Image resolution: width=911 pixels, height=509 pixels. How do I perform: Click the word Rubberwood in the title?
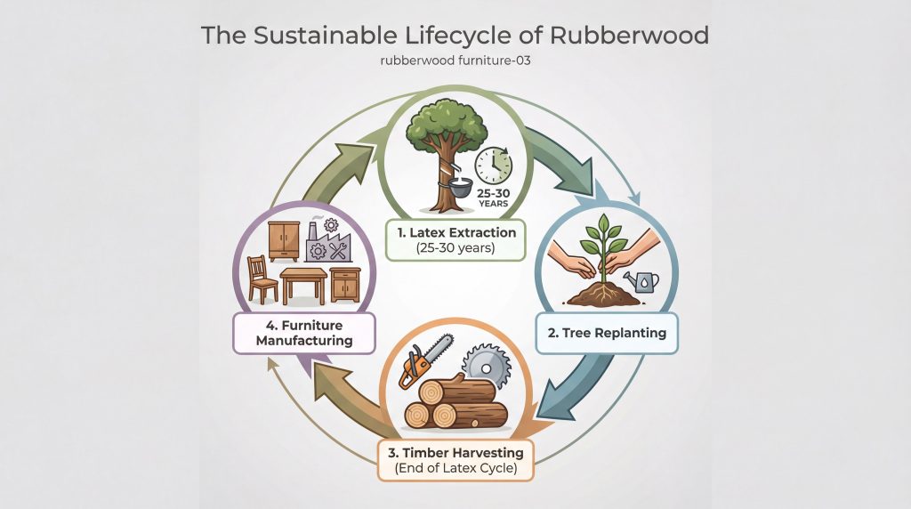coord(629,36)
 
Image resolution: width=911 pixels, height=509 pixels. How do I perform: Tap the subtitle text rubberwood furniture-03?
coord(455,61)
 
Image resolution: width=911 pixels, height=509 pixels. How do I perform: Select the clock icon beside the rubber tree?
coord(493,166)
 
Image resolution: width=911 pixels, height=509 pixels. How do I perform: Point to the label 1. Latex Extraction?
coord(455,233)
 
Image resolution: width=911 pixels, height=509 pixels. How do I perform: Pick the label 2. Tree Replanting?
coord(608,335)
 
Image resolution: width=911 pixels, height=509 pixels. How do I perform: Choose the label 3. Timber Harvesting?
coord(455,451)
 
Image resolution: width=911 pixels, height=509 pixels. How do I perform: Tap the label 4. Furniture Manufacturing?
coord(302,333)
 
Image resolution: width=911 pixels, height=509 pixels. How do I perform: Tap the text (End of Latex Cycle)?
coord(455,467)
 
